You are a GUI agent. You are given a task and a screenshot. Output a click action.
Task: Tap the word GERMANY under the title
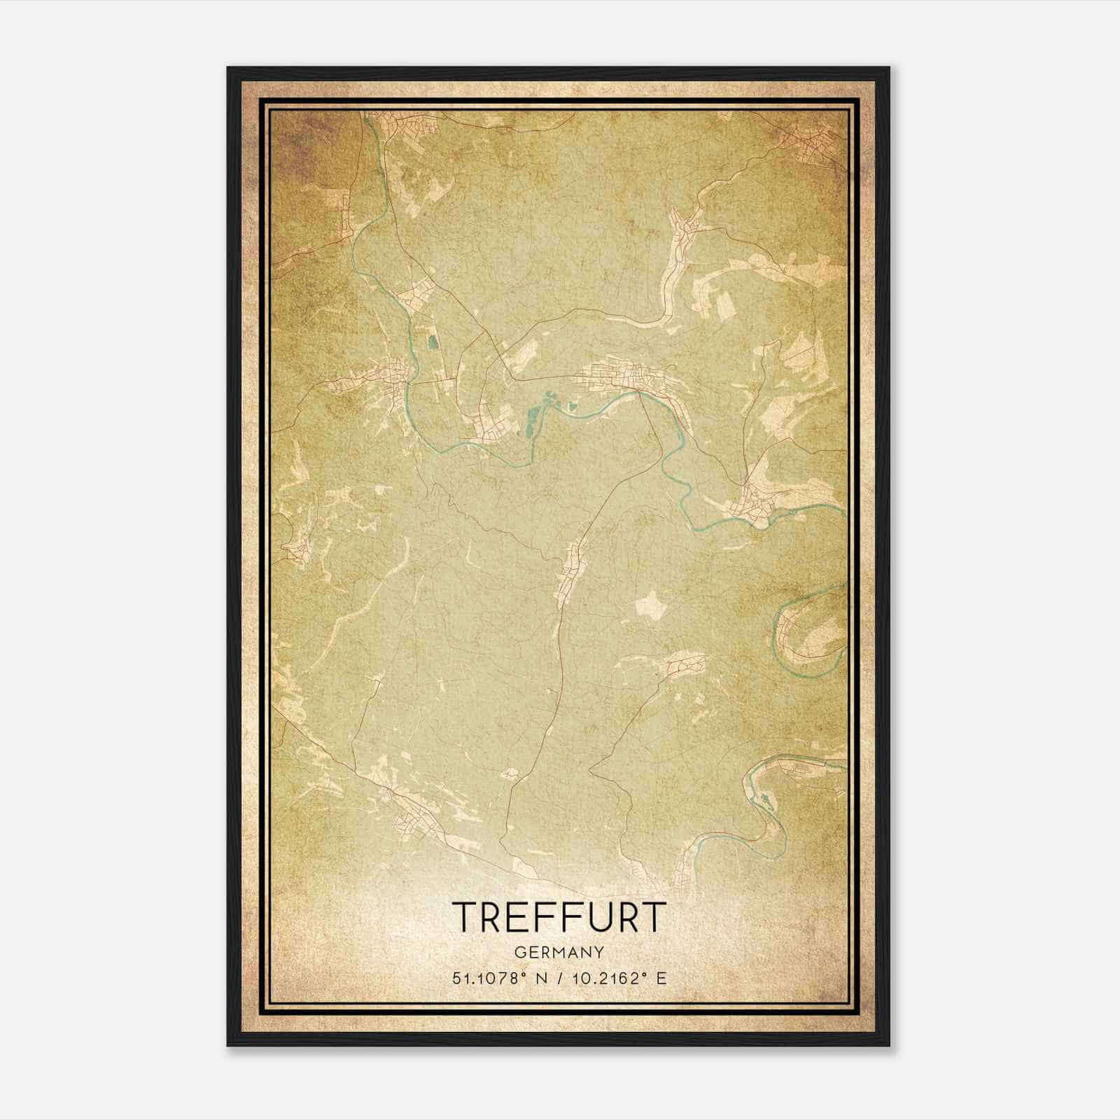click(x=558, y=952)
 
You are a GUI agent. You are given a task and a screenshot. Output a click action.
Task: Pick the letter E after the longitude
click(x=661, y=978)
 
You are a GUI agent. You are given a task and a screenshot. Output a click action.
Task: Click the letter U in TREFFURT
click(x=587, y=916)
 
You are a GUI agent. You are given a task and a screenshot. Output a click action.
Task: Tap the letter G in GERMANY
click(x=519, y=952)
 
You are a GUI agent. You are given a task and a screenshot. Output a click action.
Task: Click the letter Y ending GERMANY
click(x=598, y=952)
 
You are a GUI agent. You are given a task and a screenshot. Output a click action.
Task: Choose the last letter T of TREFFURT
click(x=650, y=916)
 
